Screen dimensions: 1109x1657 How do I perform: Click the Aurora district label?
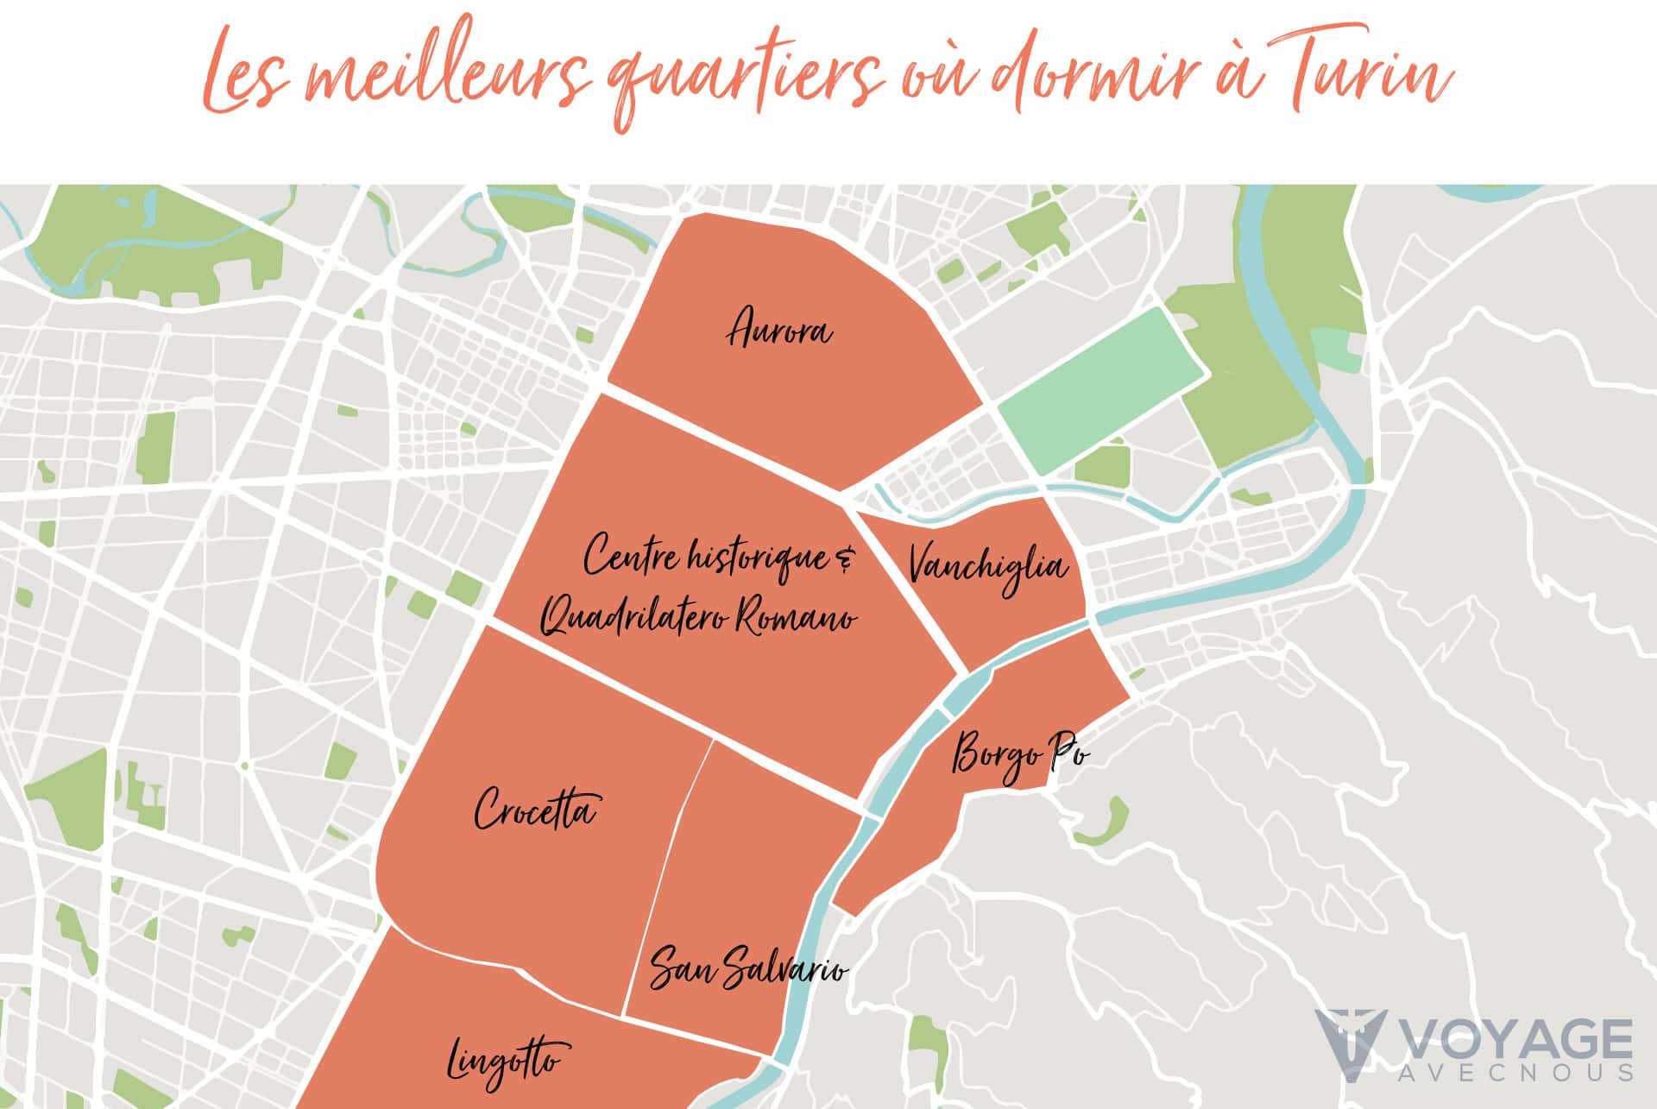[x=780, y=331]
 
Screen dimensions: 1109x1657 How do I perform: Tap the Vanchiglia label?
[x=988, y=567]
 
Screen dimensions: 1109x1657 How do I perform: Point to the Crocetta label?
[x=535, y=810]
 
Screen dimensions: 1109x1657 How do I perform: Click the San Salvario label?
[x=747, y=969]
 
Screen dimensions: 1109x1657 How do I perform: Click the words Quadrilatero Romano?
[x=699, y=617]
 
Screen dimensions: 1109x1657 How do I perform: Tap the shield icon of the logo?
[x=1350, y=1039]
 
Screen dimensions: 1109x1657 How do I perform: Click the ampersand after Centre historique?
[x=843, y=562]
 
